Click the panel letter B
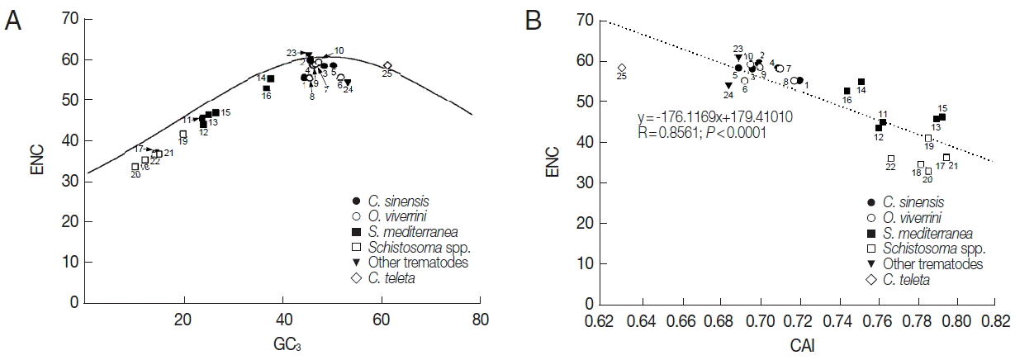534,19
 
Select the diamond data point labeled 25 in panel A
387,65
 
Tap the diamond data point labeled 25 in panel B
622,68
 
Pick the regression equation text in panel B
714,116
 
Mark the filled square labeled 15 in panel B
942,117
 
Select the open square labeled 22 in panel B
891,159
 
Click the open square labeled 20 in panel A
135,167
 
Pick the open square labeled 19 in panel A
183,134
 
